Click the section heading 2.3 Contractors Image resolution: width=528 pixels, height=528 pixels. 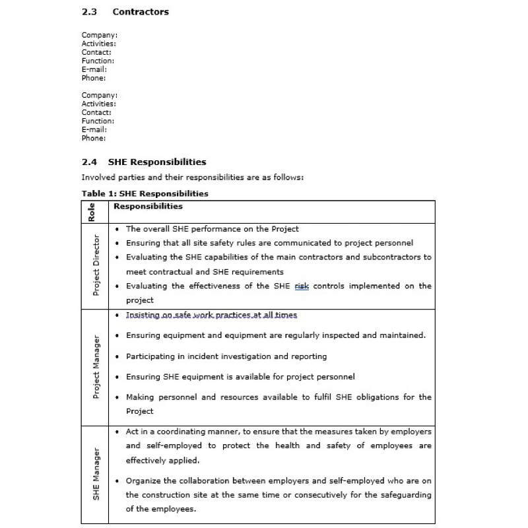tap(125, 12)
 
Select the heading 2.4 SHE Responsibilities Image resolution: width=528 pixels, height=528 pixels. tap(144, 162)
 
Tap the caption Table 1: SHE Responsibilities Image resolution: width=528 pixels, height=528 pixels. tap(145, 193)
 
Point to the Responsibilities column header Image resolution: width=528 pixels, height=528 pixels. tap(148, 207)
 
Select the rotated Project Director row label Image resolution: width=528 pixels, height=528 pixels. tap(96, 265)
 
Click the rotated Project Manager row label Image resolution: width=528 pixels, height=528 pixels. tap(96, 367)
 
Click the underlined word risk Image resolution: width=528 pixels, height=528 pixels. tap(302, 286)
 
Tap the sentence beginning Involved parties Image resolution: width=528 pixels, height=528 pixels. tap(192, 178)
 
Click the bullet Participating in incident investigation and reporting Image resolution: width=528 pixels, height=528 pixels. tap(226, 356)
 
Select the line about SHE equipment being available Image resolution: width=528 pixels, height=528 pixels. tap(240, 377)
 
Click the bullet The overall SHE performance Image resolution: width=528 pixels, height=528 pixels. tap(212, 229)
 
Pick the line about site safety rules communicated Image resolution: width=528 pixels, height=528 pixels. tap(269, 243)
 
